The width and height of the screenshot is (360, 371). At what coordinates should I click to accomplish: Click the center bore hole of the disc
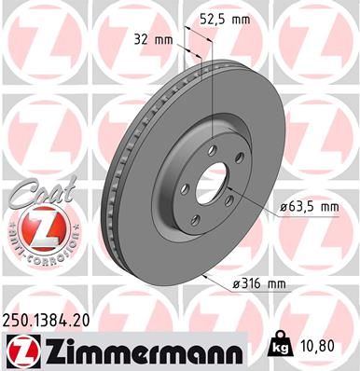coord(214,180)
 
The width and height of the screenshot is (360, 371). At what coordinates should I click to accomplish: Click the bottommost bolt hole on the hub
coord(195,220)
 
